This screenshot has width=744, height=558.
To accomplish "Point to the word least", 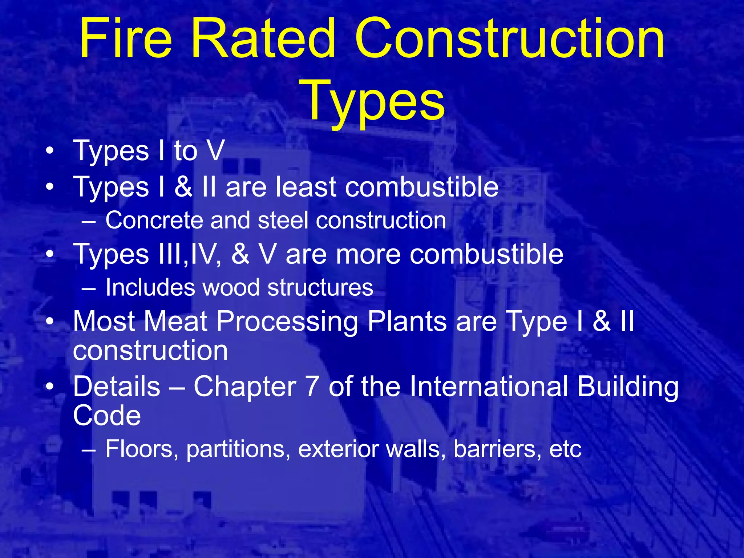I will (306, 187).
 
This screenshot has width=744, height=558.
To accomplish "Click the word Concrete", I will (154, 221).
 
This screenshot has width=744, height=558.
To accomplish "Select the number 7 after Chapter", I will (312, 387).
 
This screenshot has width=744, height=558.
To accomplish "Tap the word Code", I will (107, 416).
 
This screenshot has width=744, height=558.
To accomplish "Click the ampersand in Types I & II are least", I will (183, 187).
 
